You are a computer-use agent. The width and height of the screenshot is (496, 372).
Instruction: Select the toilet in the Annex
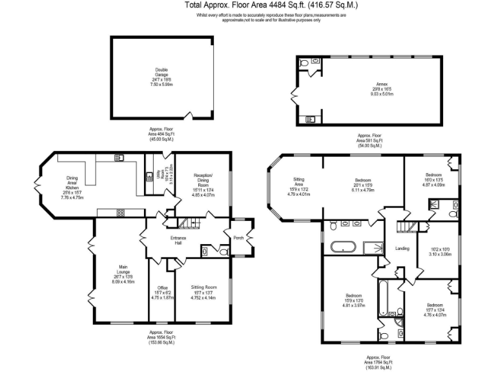tap(304, 63)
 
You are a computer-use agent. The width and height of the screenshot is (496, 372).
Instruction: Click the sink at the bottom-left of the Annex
tap(309, 119)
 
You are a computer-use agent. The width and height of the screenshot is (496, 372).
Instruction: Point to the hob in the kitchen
tap(120, 212)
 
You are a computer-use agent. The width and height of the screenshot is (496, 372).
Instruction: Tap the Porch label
tap(238, 238)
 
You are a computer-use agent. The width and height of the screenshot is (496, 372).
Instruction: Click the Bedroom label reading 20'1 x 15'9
tap(363, 181)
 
